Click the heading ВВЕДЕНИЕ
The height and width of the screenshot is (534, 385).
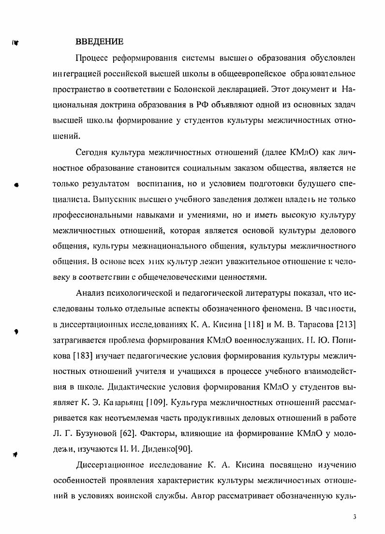click(x=100, y=42)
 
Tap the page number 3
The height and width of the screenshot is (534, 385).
click(x=355, y=517)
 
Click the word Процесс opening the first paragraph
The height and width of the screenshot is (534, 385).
click(x=92, y=58)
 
